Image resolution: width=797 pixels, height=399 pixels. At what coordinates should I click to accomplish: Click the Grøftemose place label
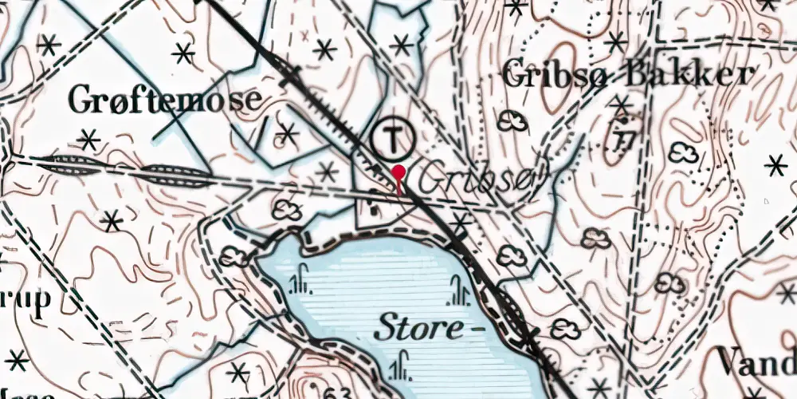click(x=165, y=100)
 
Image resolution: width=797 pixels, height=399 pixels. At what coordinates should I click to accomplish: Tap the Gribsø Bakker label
click(x=628, y=75)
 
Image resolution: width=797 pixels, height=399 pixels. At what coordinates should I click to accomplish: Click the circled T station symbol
click(x=393, y=139)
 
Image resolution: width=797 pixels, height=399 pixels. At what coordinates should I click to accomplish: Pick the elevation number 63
click(x=339, y=392)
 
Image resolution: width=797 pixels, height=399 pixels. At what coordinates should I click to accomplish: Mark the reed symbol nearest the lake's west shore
click(x=300, y=280)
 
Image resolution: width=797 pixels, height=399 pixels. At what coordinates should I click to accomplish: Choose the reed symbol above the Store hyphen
click(x=459, y=291)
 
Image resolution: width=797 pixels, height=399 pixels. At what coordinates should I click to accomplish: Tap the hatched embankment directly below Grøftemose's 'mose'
click(x=180, y=174)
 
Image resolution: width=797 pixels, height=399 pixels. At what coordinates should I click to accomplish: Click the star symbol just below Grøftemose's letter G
click(x=88, y=140)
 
